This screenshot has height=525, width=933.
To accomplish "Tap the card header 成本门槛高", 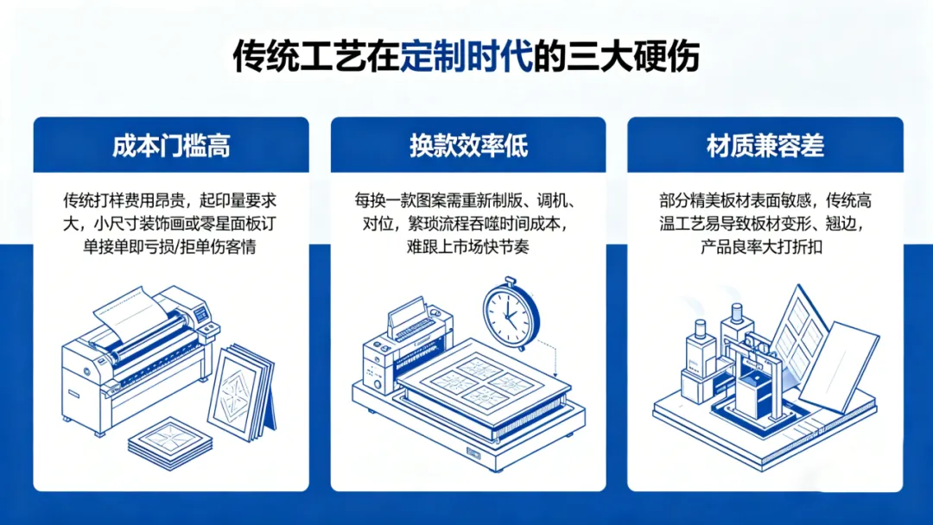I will tap(171, 146).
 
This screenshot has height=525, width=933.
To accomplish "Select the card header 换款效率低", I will tap(468, 146).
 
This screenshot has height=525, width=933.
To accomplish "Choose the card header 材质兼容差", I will tap(765, 146).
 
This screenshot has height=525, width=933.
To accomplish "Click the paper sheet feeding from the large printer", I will tap(130, 313).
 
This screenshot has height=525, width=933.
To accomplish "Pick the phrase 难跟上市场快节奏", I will tap(468, 247).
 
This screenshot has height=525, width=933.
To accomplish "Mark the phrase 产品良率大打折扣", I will tap(765, 247).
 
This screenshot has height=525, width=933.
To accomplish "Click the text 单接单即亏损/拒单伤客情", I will tap(171, 247).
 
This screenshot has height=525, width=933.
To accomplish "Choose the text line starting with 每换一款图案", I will tap(468, 201).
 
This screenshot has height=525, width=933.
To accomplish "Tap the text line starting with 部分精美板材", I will tap(765, 201).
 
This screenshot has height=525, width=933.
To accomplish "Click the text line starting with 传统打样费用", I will tap(171, 201).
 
